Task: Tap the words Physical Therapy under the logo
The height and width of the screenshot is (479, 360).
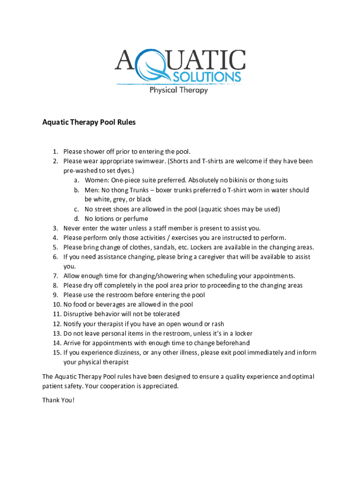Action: (x=179, y=90)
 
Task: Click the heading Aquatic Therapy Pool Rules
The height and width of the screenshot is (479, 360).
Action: (x=89, y=123)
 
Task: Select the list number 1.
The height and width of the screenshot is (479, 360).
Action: (x=55, y=152)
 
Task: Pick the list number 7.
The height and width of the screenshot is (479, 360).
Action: (x=55, y=276)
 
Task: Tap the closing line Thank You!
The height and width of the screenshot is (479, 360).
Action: (x=58, y=400)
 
